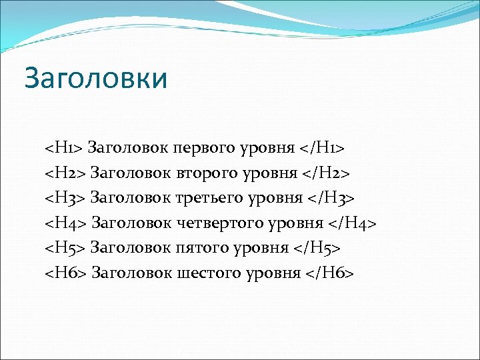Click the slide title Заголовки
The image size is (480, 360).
(x=95, y=78)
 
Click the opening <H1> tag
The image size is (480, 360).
(x=63, y=147)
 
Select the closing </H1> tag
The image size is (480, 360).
(x=323, y=147)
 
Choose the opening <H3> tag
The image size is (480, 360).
(x=65, y=198)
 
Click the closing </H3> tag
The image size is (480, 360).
(x=331, y=198)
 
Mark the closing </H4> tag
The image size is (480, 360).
(x=353, y=223)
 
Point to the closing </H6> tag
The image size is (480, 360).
(x=330, y=273)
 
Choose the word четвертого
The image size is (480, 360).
(x=217, y=223)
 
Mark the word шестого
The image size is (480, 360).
(x=206, y=273)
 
